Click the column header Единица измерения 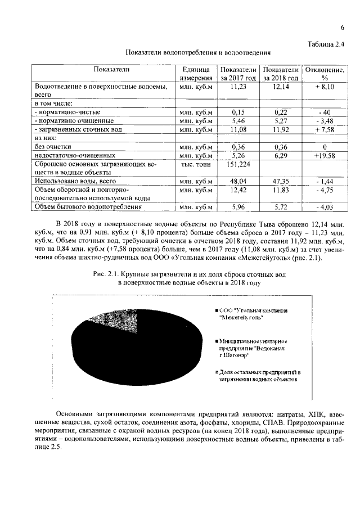pyautogui.click(x=196, y=74)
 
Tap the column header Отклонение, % pyautogui.click(x=324, y=74)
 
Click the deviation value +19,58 pyautogui.click(x=324, y=155)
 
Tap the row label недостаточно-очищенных pyautogui.click(x=75, y=155)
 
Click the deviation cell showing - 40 pyautogui.click(x=324, y=112)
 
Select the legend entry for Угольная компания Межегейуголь pyautogui.click(x=253, y=314)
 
